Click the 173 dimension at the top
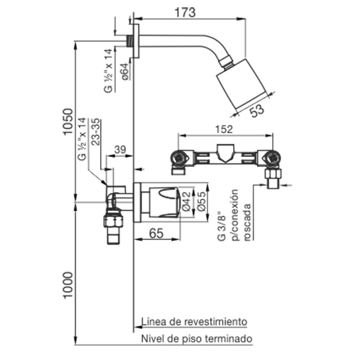click(x=185, y=12)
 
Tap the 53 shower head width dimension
click(x=257, y=110)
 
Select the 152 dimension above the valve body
click(x=224, y=130)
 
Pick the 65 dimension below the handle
click(x=156, y=233)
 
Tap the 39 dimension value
click(x=120, y=150)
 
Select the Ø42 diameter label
click(x=186, y=201)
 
